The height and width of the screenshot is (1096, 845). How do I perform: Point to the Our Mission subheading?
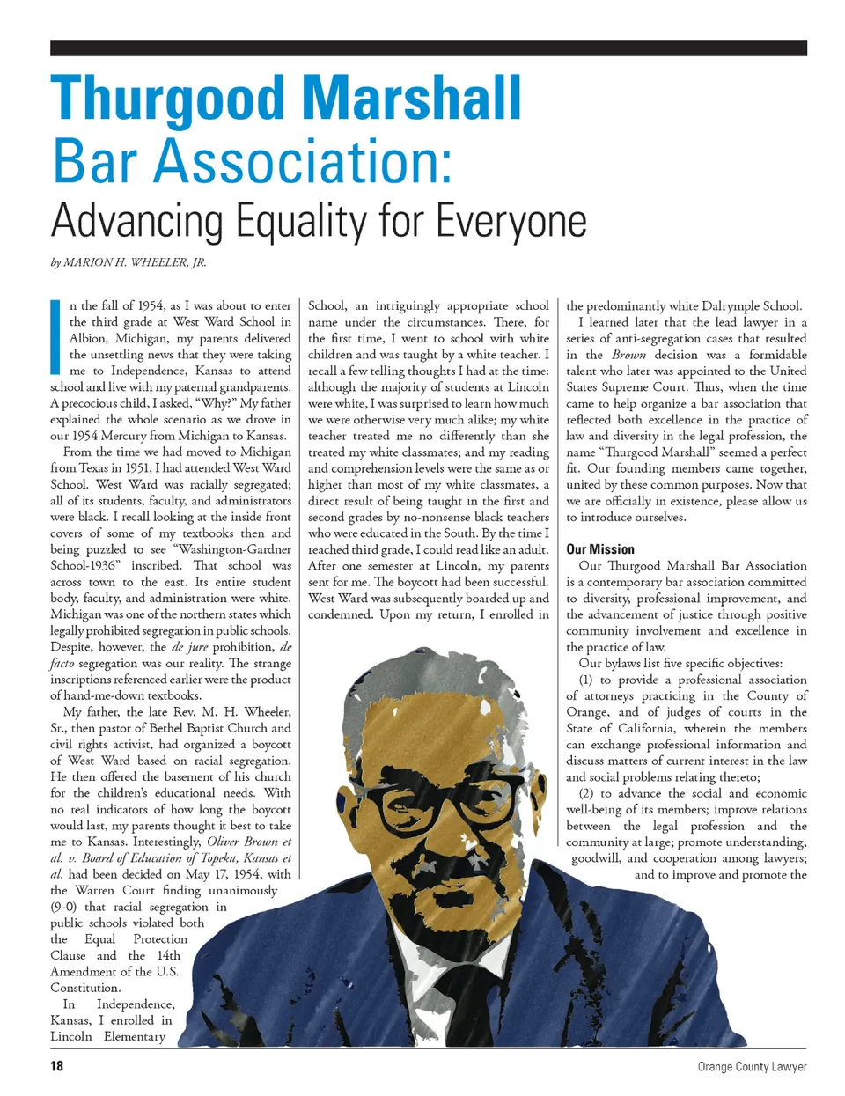pos(599,549)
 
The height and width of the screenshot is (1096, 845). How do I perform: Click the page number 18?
pos(57,1066)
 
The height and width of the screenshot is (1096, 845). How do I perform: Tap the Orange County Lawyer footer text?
pos(752,1066)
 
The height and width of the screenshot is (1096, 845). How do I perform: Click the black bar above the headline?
pos(428,48)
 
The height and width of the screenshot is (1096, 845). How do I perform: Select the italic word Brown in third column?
pos(628,355)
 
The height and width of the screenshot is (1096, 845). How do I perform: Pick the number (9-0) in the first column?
pos(67,907)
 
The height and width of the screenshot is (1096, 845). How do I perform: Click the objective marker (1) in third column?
pos(585,680)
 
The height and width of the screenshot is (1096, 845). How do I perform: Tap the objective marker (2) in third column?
pos(585,793)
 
